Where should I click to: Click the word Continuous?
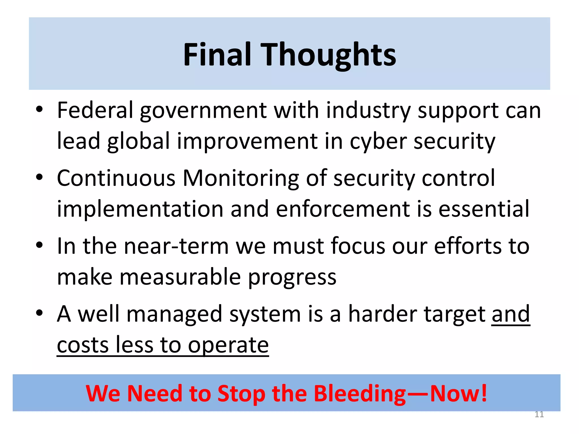[116, 178]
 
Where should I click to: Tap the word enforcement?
[343, 209]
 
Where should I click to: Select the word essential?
[484, 209]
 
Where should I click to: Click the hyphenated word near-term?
[176, 246]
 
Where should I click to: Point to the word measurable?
[180, 277]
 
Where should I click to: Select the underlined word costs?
[83, 345]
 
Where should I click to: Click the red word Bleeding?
[360, 394]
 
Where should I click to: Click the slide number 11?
[539, 415]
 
